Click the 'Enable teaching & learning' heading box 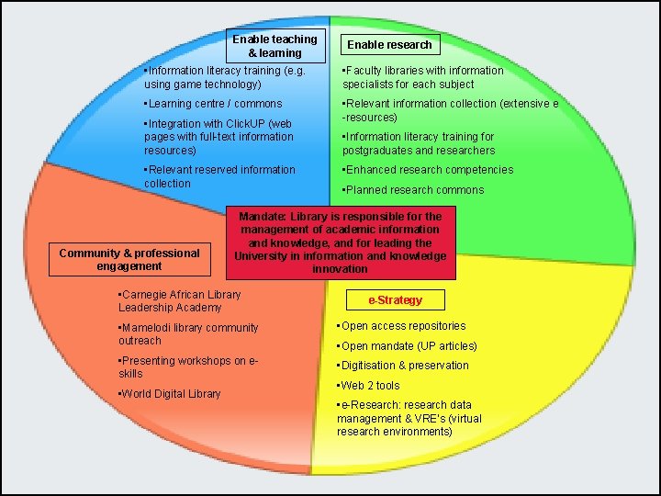point(274,46)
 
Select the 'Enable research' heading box point(389,44)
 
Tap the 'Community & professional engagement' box point(129,260)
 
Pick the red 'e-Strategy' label point(396,300)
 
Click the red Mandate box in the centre point(341,243)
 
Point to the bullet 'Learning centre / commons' point(215,104)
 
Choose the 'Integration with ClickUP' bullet point(219,136)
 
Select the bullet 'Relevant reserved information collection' point(219,176)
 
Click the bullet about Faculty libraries point(422,77)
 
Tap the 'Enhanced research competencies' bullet point(428,170)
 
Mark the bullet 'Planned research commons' point(413,190)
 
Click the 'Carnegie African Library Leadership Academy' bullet point(180,301)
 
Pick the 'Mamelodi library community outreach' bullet point(188,334)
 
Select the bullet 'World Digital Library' point(171,394)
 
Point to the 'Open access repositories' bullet point(403,326)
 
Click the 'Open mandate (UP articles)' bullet point(409,346)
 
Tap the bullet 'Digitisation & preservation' point(404,366)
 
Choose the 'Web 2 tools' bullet point(369,386)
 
